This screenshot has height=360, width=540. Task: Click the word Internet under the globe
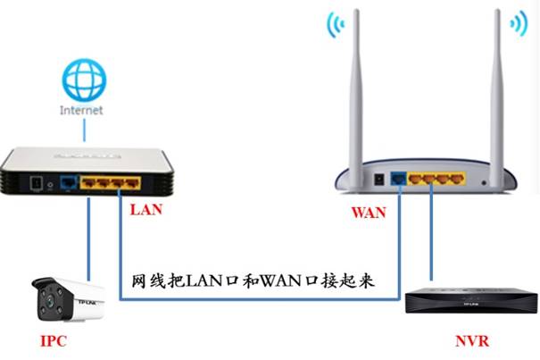point(81,110)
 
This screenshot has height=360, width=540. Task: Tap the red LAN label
point(147,211)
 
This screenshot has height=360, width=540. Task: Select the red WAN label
point(369,213)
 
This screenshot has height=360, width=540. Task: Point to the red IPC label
point(54,341)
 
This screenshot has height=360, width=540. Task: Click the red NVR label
point(471,341)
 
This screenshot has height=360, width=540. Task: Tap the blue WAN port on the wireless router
point(398,180)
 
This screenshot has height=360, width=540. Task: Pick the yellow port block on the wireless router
point(437,180)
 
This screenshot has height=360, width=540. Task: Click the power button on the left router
point(36,184)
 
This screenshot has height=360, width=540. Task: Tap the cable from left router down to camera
point(88,232)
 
